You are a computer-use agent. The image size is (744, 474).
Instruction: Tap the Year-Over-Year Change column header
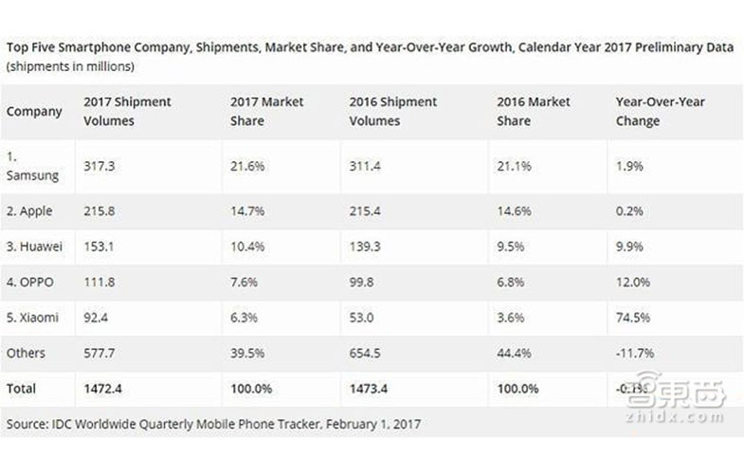660,111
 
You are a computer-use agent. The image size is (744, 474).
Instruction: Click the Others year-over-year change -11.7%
632,354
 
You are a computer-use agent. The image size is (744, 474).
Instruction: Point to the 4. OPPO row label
31,282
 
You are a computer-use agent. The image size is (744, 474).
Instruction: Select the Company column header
34,111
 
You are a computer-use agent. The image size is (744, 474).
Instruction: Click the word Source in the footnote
27,423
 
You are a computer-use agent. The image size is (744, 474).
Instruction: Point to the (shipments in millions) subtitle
70,66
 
